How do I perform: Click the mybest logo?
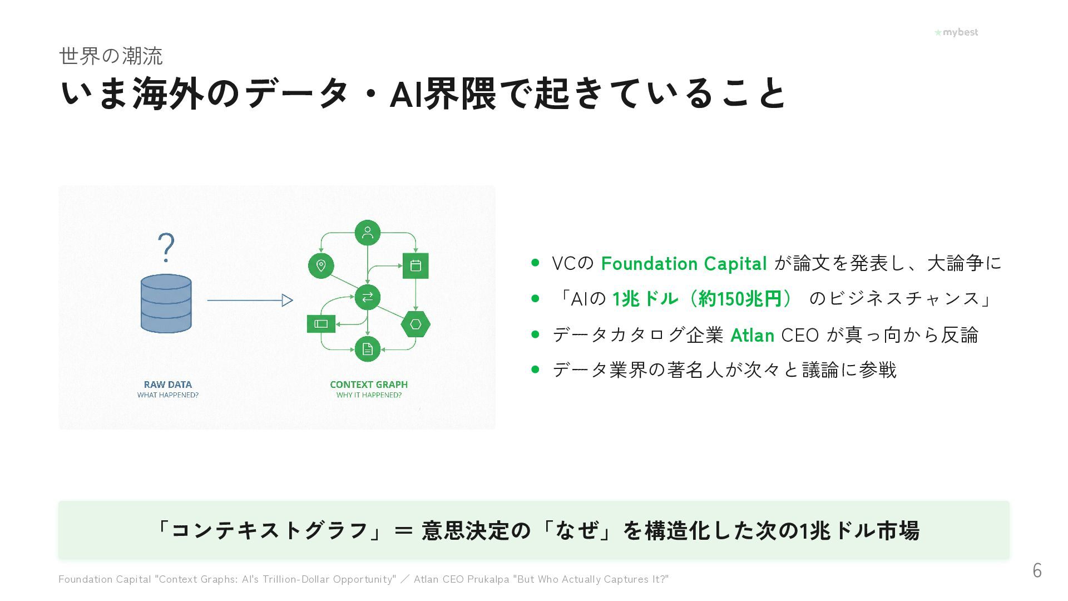pos(956,32)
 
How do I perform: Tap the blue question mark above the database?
pos(166,248)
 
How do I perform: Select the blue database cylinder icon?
pos(166,303)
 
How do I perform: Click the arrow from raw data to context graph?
pos(250,300)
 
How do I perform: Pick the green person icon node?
pos(367,233)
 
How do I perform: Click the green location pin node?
pos(321,265)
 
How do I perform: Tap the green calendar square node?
pos(416,265)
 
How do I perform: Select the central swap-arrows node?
pos(367,297)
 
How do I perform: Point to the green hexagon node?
pos(416,324)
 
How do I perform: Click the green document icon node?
pos(367,349)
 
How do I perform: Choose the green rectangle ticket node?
pos(321,324)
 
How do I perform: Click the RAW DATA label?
pos(167,385)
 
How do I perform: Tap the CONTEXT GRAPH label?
pos(368,385)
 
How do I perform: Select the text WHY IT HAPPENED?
pos(368,395)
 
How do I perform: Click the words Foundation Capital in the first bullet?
pos(684,263)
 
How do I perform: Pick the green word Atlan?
pos(752,335)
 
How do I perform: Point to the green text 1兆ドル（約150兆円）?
pos(702,299)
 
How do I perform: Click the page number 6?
pos(1037,570)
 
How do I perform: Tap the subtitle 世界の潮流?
pos(111,56)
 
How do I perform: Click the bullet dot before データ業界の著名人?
pos(535,369)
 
